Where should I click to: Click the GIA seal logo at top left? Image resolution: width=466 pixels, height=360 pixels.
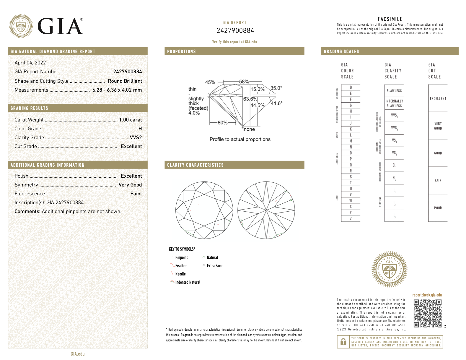21,26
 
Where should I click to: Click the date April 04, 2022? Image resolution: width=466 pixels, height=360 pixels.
30,63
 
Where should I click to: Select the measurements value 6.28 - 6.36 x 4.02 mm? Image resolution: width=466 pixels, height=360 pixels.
117,90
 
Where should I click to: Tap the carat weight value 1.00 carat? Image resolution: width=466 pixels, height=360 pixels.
130,120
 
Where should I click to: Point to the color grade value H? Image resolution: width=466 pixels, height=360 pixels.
140,129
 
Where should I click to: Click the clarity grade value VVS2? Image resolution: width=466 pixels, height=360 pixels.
136,137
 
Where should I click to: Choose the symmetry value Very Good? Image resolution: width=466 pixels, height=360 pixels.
130,185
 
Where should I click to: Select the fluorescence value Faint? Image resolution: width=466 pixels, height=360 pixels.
136,194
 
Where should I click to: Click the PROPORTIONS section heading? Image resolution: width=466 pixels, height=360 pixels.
181,51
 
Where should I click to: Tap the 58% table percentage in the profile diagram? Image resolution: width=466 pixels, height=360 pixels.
244,82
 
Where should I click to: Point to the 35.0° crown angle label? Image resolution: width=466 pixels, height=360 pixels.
276,88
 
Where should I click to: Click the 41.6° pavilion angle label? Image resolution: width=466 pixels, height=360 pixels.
276,103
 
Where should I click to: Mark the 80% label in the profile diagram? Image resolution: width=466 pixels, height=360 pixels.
222,123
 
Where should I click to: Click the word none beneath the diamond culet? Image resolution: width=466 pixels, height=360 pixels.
249,129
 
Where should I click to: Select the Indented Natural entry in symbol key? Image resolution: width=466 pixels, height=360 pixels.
188,282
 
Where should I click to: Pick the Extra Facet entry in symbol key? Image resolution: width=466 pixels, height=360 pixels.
215,266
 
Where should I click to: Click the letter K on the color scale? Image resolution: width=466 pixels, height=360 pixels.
351,129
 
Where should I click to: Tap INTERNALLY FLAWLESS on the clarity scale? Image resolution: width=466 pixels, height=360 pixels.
394,103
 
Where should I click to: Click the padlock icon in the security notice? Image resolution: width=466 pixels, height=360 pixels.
343,342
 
